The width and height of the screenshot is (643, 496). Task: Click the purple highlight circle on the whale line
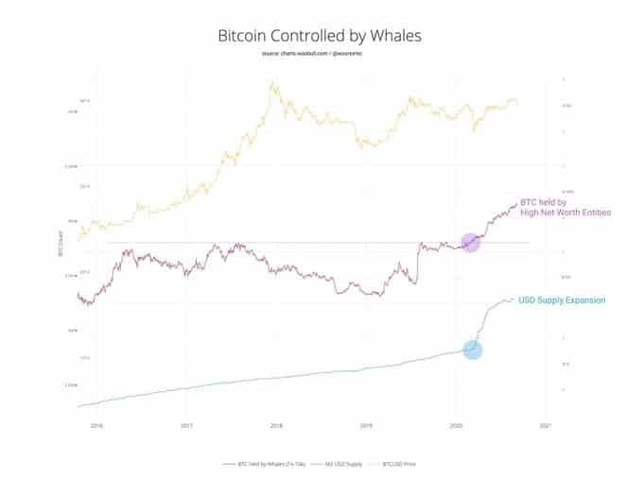(470, 242)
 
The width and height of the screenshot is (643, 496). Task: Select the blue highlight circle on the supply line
(473, 350)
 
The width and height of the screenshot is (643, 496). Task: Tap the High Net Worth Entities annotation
(566, 213)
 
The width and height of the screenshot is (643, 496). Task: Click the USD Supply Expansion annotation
(563, 300)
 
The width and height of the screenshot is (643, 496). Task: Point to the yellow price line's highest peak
(272, 82)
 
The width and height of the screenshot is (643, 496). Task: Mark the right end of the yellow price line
(517, 103)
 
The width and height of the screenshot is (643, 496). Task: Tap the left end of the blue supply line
(78, 406)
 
